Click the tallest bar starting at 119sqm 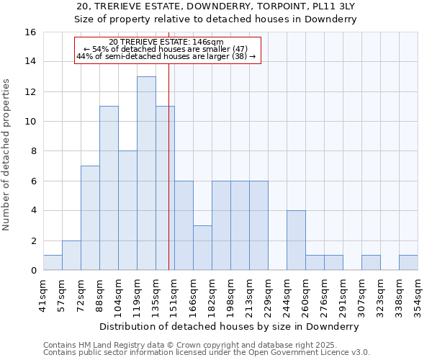146,174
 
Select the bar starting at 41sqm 53,263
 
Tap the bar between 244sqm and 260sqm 296,240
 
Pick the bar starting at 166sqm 202,248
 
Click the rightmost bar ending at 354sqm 408,263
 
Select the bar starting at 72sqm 90,218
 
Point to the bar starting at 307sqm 371,263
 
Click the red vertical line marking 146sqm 168,180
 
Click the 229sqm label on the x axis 268,294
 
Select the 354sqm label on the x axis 418,294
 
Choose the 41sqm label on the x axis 43,294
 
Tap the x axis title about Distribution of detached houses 230,326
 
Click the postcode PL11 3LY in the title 329,6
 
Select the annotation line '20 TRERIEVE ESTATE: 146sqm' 166,42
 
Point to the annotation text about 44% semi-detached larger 166,56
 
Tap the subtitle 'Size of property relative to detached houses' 216,19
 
